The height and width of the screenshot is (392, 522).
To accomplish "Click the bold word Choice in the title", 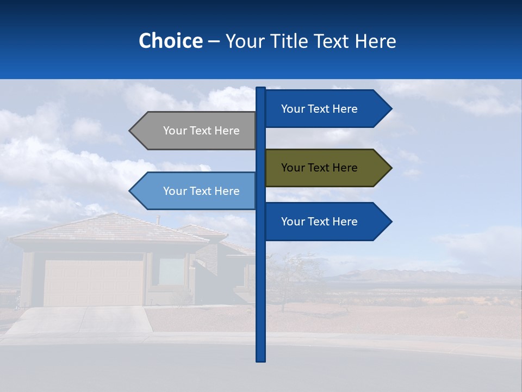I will [170, 41].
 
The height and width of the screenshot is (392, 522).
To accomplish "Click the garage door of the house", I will [94, 283].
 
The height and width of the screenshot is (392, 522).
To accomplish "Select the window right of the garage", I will [171, 271].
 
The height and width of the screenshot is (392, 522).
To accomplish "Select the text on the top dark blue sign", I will [319, 109].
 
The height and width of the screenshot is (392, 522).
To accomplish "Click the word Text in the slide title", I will [332, 41].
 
